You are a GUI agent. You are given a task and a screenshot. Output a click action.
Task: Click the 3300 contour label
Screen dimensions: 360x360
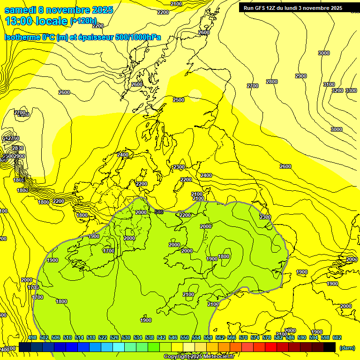(x=351, y=90)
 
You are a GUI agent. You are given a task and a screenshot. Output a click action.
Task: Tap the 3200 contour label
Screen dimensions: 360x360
(x=337, y=90)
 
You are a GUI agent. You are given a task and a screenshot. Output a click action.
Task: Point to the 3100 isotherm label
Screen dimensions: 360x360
(x=329, y=84)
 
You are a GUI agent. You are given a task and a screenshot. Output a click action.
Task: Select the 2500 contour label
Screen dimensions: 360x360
(x=179, y=100)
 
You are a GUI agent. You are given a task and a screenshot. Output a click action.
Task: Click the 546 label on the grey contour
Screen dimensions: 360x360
(x=159, y=212)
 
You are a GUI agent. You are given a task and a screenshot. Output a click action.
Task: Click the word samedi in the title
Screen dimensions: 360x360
(x=23, y=9)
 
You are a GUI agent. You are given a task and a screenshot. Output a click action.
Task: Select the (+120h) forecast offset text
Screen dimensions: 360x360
(x=83, y=21)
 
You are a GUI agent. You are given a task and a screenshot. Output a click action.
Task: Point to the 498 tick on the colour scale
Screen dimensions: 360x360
(x=32, y=337)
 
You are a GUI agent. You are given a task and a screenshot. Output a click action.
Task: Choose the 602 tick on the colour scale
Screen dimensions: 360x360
(x=337, y=337)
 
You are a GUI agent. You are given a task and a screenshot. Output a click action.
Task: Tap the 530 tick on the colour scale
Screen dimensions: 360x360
(x=126, y=337)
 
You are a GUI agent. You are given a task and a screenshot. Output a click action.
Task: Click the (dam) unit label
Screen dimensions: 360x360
(x=347, y=347)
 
